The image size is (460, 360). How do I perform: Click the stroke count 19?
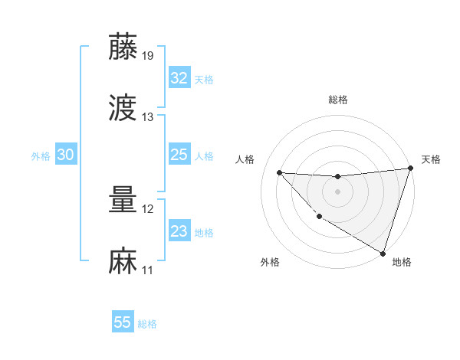148,55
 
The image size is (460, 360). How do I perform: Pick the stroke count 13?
148,117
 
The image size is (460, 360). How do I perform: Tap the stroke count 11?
148,270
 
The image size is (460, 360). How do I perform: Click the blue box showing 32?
179,78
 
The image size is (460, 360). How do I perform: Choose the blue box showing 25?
179,155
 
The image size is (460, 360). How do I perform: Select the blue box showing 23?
179,231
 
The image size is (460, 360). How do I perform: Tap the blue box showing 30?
66,155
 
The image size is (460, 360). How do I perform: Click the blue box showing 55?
123,322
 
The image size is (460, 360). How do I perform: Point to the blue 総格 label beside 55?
147,324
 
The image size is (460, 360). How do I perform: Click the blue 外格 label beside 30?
41,156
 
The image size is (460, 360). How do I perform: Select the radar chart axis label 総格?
337,100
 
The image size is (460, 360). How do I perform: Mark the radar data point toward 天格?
410,169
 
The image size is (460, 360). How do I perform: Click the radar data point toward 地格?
383,253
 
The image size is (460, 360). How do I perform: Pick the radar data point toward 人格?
279,172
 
